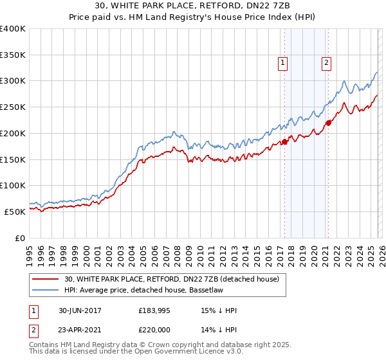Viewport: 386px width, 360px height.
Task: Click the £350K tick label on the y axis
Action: point(13,55)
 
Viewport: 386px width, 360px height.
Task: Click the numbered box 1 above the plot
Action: point(283,62)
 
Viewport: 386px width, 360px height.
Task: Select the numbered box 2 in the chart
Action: point(327,62)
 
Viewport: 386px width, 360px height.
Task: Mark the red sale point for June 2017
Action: point(284,142)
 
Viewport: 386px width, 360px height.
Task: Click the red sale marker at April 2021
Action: point(327,123)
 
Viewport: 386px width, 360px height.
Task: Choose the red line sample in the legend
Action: point(46,279)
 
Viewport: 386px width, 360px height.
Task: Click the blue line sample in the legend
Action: point(46,290)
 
